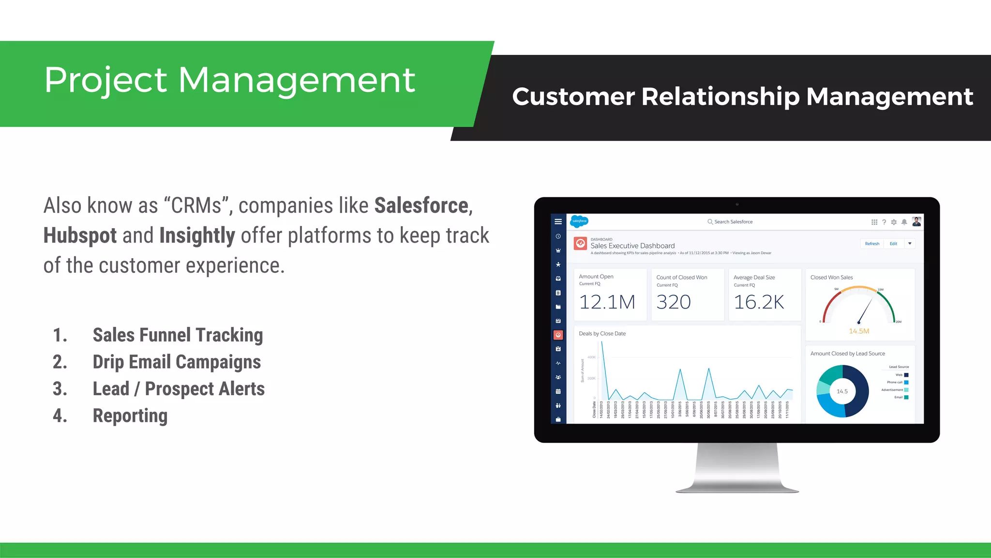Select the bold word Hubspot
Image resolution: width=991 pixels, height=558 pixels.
click(80, 236)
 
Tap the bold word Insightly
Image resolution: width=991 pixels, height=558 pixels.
click(197, 236)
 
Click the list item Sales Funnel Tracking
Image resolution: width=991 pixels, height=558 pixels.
click(178, 335)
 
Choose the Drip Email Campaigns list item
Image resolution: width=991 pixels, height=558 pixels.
click(177, 362)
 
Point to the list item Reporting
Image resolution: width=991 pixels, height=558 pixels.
click(130, 416)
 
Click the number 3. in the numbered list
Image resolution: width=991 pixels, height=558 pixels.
click(60, 389)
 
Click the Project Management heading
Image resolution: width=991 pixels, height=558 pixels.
click(229, 80)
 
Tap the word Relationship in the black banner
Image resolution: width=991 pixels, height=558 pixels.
click(720, 96)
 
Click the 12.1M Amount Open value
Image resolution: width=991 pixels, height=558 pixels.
click(607, 302)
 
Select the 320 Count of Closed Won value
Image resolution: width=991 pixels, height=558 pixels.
click(674, 302)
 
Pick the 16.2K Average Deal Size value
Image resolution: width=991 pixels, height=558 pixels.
click(759, 302)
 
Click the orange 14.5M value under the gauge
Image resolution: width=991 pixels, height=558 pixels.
click(859, 331)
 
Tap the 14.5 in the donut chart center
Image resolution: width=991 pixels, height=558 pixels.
click(842, 391)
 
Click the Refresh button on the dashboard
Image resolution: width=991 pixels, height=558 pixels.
click(872, 244)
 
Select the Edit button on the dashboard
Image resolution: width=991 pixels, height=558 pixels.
click(893, 244)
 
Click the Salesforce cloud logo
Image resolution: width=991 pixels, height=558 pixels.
click(579, 221)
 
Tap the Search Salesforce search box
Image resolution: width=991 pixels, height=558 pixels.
click(733, 222)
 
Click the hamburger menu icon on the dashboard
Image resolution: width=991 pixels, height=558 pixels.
click(558, 222)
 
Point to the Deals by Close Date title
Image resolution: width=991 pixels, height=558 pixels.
click(602, 334)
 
